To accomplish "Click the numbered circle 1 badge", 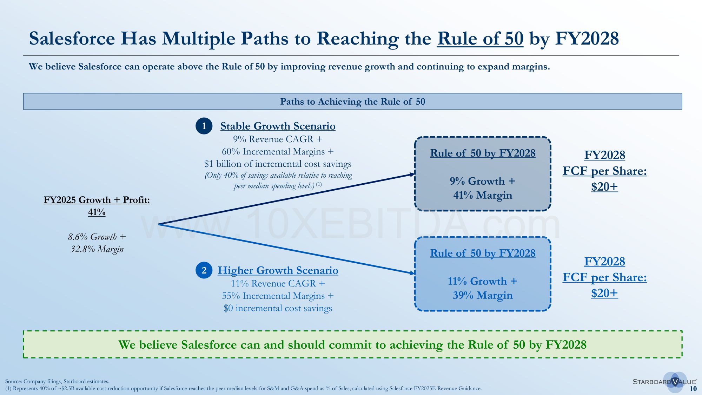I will click(204, 126).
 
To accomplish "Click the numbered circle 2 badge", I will click(204, 270).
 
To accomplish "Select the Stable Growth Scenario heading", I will click(278, 126).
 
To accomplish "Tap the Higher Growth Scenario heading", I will click(278, 270).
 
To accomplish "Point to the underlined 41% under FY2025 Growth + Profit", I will click(97, 212).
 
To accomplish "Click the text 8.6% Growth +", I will click(97, 237).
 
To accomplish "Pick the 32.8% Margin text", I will click(97, 249).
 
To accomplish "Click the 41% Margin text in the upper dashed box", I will click(483, 195).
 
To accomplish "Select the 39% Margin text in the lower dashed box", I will click(483, 295).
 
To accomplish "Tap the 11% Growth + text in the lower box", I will click(483, 281).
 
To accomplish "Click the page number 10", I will click(693, 389).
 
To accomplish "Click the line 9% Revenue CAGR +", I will click(278, 139).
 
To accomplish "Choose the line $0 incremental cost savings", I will click(278, 308).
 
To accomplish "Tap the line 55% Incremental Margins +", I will click(278, 296).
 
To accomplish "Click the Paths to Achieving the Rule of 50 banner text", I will click(352, 101).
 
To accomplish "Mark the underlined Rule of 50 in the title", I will click(480, 39).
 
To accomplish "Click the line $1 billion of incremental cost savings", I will click(278, 164).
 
